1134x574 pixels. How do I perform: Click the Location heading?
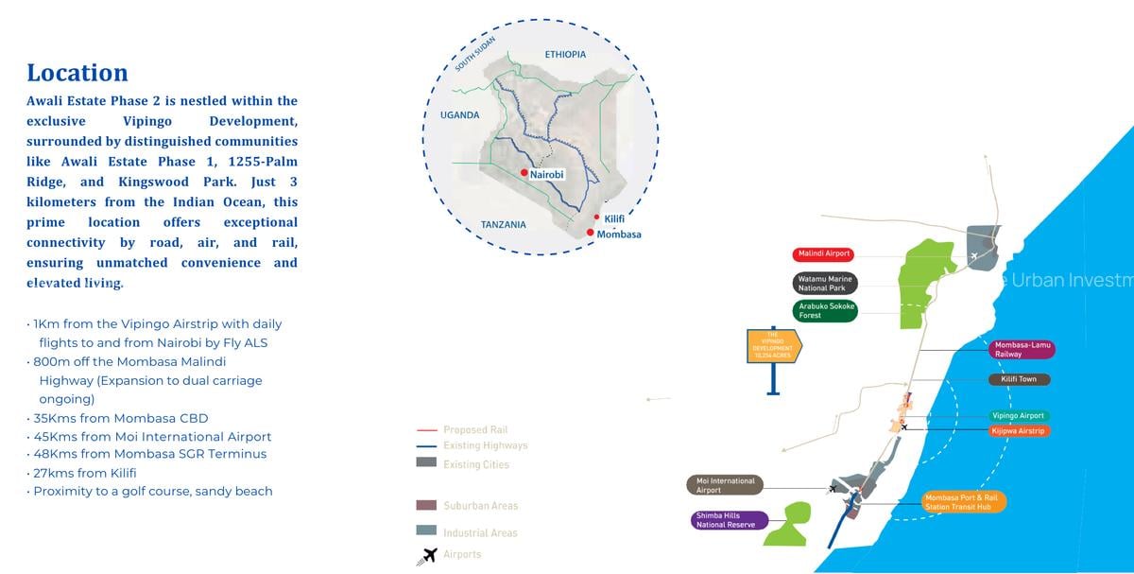coord(77,73)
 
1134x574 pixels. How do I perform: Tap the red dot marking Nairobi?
coord(524,173)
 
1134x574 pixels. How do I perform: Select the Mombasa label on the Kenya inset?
coord(619,235)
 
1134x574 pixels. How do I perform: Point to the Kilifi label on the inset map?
coord(614,218)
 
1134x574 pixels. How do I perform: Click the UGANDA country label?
coord(460,115)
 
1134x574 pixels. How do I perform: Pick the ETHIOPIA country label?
coord(565,55)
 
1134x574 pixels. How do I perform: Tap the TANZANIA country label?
coord(504,225)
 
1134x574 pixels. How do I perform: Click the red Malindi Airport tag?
coord(824,254)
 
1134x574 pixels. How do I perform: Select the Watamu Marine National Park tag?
coord(825,284)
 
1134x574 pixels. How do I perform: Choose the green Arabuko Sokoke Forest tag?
coord(825,311)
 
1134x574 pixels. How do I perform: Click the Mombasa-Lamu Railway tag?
coord(1022,350)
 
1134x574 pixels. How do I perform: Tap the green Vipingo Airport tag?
coord(1019,416)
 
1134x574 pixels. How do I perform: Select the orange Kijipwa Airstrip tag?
coord(1019,431)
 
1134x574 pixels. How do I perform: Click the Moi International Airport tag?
coord(726,486)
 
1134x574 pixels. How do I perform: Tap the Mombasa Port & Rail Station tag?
coord(964,501)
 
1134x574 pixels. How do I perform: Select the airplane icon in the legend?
coord(427,555)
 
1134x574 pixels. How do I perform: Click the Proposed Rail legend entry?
coord(475,430)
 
